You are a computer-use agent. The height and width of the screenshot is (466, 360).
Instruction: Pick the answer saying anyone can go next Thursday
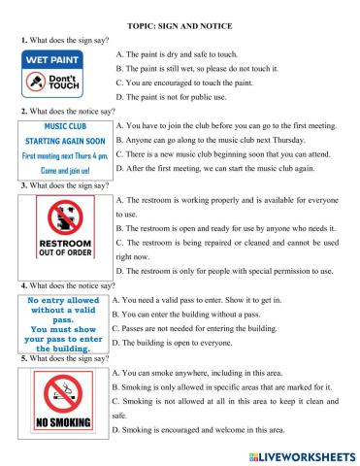coord(220,141)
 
